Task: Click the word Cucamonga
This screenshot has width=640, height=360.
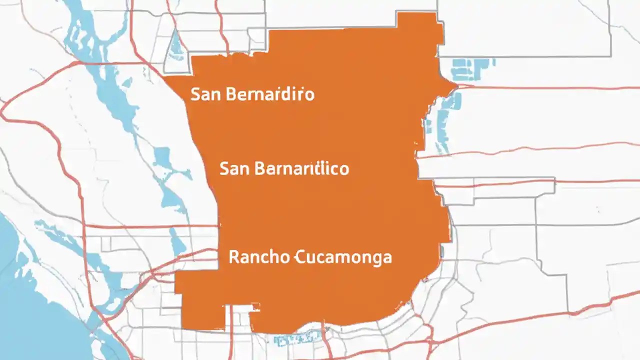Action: (344, 258)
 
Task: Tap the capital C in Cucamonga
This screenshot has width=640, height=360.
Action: (300, 257)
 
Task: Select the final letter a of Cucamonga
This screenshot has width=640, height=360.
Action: (387, 258)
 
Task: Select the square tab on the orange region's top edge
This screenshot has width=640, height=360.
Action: (419, 25)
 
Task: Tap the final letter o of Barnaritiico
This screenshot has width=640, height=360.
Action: (343, 169)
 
